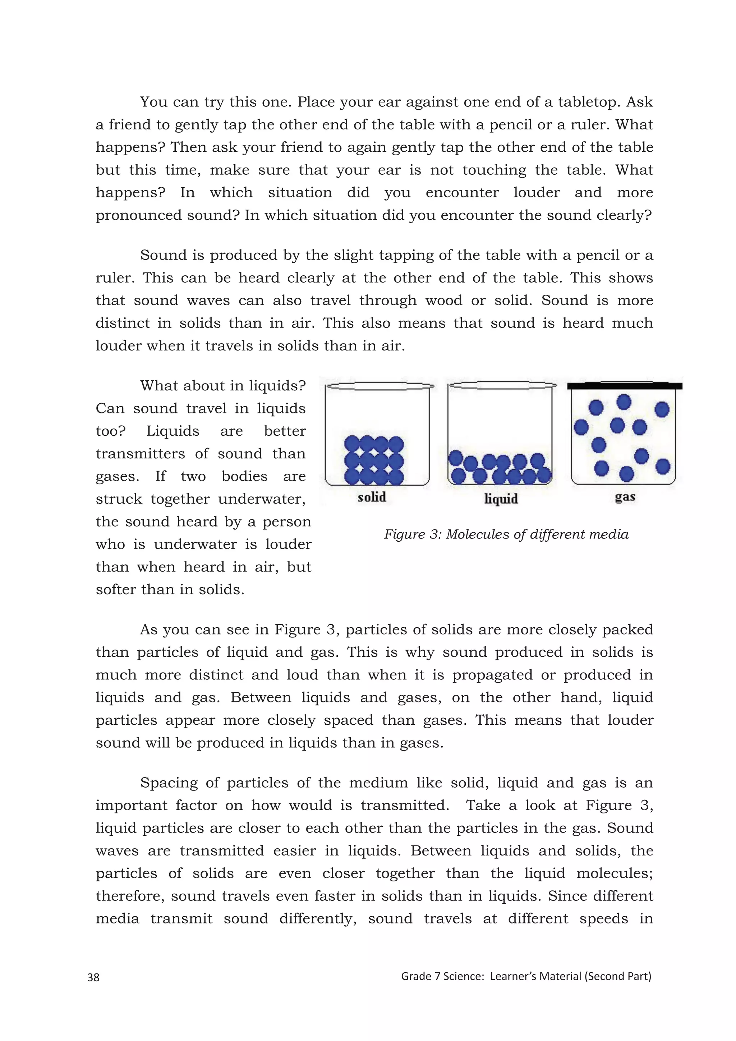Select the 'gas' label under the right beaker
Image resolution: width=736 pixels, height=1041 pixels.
pyautogui.click(x=625, y=497)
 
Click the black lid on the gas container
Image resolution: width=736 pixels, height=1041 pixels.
pyautogui.click(x=625, y=386)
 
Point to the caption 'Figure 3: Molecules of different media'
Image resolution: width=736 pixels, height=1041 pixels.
pyautogui.click(x=506, y=534)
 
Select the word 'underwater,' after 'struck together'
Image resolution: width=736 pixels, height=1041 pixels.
pyautogui.click(x=262, y=499)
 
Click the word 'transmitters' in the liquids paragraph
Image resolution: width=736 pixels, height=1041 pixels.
pyautogui.click(x=140, y=453)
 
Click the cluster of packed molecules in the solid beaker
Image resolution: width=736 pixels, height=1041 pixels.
pyautogui.click(x=373, y=460)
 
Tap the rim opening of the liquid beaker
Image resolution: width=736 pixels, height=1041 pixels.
pyautogui.click(x=501, y=385)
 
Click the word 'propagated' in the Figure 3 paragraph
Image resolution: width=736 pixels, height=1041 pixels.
pyautogui.click(x=492, y=675)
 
